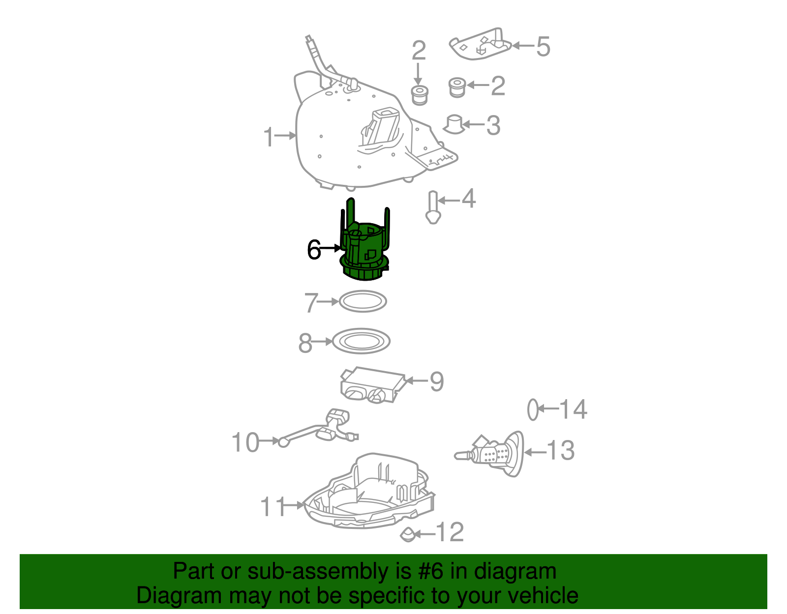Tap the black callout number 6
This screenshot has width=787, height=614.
pos(314,250)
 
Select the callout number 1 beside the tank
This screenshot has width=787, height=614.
pos(269,137)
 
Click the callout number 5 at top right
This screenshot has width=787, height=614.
pos(543,47)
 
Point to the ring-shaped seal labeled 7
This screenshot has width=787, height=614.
pos(363,301)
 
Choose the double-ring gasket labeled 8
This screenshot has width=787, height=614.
pos(362,341)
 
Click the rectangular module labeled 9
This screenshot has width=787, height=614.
pos(372,385)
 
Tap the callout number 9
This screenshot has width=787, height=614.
pos(437,381)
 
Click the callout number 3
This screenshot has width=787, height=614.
pos(493,125)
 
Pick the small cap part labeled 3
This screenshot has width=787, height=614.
pos(454,124)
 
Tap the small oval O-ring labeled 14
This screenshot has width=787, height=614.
pos(533,409)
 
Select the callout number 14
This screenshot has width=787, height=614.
pos(574,409)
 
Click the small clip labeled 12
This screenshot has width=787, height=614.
pos(408,534)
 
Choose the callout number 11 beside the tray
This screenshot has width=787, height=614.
pos(273,506)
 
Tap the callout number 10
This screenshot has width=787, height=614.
pos(245,442)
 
